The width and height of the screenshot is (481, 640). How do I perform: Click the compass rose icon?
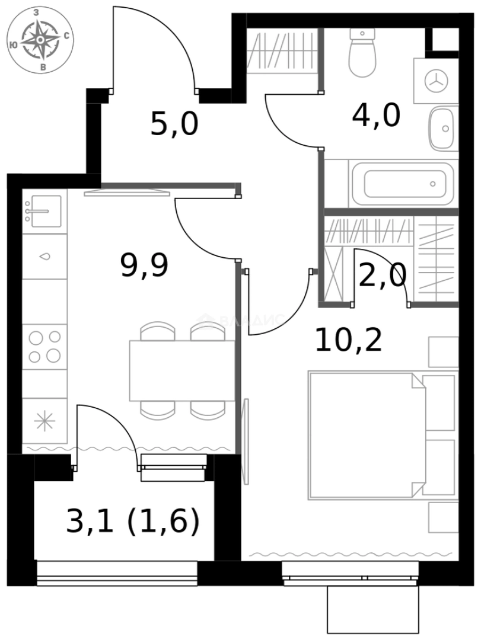40,40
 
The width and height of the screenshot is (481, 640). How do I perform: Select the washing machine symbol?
437,81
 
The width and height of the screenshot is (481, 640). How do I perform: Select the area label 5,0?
174,125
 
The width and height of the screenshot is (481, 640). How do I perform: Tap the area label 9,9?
144,265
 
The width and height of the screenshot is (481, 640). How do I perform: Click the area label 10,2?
348,341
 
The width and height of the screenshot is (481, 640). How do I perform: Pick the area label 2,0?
382,276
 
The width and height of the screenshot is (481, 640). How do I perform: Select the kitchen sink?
43,211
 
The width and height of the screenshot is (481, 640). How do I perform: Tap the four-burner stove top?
44,347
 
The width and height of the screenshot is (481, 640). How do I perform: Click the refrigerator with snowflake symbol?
44,421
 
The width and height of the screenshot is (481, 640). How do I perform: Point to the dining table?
182,371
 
